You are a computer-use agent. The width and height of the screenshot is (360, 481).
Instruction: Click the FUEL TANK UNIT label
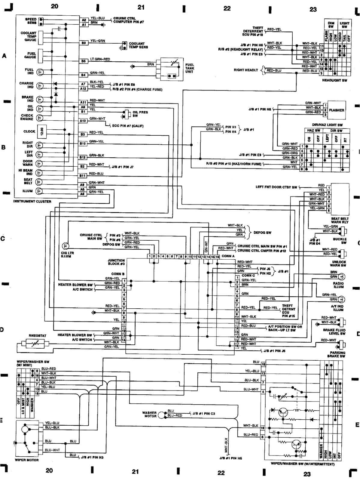pos(189,68)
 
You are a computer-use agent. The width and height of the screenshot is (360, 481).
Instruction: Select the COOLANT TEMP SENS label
pos(138,45)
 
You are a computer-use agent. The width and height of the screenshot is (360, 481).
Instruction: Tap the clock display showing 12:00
pos(42,131)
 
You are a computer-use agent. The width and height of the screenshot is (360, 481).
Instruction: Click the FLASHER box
pos(336,110)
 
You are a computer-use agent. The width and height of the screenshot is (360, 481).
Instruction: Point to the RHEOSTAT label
pos(37,335)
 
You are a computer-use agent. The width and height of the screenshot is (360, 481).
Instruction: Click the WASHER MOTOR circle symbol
pos(162,415)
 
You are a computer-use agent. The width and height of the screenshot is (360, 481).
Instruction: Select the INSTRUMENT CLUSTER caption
pos(32,201)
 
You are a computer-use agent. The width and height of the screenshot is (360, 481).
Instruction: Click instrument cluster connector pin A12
pos(83,89)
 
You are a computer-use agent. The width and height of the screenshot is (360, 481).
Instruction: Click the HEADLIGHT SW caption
pos(334,80)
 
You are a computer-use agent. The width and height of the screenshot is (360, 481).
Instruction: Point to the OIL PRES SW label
pos(140,114)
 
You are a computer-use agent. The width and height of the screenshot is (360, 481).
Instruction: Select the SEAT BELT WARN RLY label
pos(340,220)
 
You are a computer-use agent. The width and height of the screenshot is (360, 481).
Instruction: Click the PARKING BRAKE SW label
pos(337,354)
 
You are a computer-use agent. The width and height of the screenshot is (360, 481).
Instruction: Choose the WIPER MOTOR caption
pos(27,460)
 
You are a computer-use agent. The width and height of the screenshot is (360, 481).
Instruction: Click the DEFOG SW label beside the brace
pos(262,233)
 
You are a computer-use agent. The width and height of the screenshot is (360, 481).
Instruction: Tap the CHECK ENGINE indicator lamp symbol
pos(39,118)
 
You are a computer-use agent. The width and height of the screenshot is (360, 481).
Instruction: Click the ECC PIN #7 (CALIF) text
pos(128,126)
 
